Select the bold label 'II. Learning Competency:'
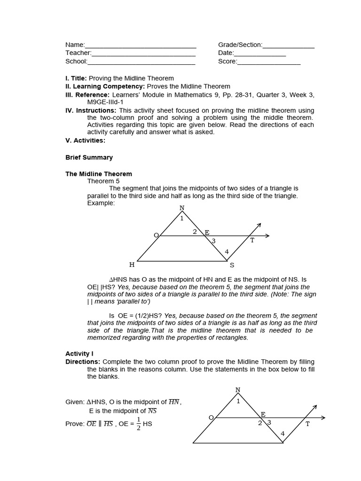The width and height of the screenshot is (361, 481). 105,86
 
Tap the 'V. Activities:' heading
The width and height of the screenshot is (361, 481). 85,140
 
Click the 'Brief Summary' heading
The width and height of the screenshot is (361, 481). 89,157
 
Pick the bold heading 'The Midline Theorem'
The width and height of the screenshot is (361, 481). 98,174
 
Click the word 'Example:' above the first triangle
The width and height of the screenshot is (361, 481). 101,203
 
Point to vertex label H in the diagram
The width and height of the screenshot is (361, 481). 132,265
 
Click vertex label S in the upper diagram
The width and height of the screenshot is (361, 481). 232,265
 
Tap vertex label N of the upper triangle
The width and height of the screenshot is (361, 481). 182,208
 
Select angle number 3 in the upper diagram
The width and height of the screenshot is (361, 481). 213,241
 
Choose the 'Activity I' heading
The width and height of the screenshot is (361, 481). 79,353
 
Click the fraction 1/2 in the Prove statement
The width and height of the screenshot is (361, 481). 138,423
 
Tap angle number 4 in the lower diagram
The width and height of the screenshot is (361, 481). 283,434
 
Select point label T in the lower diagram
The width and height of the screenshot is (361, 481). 307,424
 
